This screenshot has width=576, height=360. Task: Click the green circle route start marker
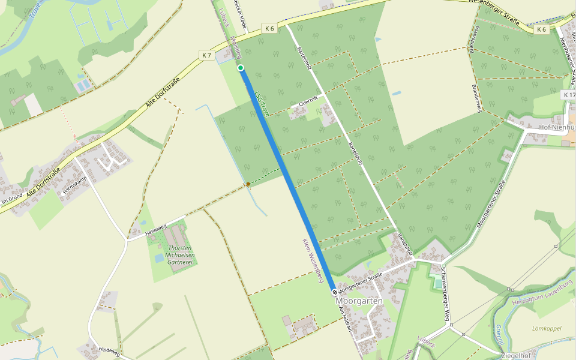tap(241, 68)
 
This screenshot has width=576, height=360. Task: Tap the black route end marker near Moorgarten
tap(335, 292)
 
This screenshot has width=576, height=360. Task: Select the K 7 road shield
tap(206, 55)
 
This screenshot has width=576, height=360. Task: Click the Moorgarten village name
tap(359, 301)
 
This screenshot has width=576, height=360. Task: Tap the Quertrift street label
tap(301, 106)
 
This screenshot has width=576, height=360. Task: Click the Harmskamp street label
tap(74, 193)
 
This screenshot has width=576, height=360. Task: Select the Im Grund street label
tap(12, 198)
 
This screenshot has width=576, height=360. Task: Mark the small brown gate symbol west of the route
tap(248, 184)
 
